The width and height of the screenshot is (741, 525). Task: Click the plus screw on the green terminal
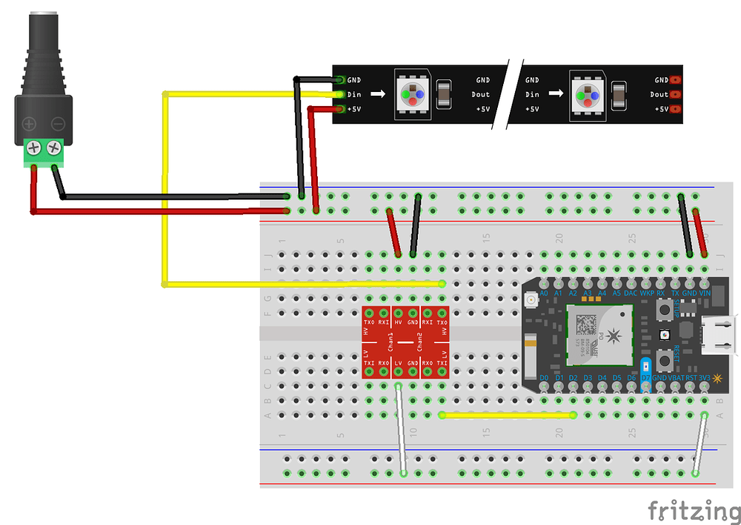pyautogui.click(x=33, y=148)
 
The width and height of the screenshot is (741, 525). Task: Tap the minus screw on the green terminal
pyautogui.click(x=54, y=148)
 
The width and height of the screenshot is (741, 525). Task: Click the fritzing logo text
pyautogui.click(x=694, y=512)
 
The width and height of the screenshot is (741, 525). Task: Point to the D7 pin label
pyautogui.click(x=646, y=378)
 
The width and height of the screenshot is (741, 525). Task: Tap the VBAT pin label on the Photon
pyautogui.click(x=675, y=378)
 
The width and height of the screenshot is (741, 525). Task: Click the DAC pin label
pyautogui.click(x=631, y=294)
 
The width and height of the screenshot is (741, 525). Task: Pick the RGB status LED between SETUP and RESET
pyautogui.click(x=665, y=336)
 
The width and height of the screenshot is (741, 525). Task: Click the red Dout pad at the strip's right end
pyautogui.click(x=675, y=95)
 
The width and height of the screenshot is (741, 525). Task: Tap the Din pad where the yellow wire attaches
pyautogui.click(x=340, y=95)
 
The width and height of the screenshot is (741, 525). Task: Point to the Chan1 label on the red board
pyautogui.click(x=391, y=342)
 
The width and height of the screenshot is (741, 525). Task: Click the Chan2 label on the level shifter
pyautogui.click(x=419, y=342)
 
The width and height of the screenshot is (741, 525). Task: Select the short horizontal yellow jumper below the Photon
pyautogui.click(x=508, y=415)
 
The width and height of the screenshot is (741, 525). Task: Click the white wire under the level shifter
pyautogui.click(x=401, y=430)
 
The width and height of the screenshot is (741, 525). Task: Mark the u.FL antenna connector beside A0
pyautogui.click(x=531, y=301)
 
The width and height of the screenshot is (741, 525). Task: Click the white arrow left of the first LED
pyautogui.click(x=378, y=95)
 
